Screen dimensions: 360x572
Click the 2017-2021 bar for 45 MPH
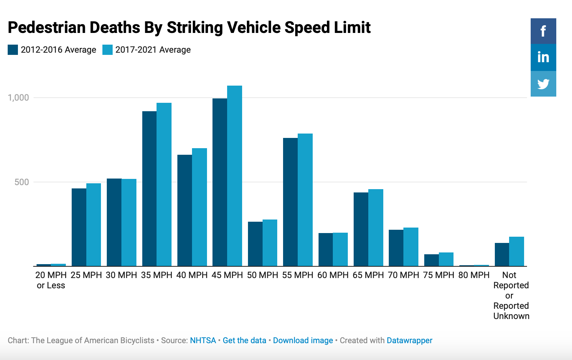click(x=234, y=176)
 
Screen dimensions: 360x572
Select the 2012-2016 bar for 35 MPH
click(x=149, y=188)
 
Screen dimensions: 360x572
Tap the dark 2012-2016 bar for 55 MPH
click(x=290, y=202)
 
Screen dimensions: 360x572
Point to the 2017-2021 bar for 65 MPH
click(x=376, y=227)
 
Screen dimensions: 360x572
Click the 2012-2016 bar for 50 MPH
click(x=255, y=244)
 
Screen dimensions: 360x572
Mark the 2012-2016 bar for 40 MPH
click(x=185, y=210)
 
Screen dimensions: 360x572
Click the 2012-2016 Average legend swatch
click(x=13, y=50)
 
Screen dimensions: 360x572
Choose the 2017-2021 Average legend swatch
click(x=108, y=50)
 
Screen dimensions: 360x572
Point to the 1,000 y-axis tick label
click(x=18, y=98)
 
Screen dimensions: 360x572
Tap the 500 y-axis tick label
click(x=22, y=182)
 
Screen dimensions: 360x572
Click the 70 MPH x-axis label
click(x=403, y=275)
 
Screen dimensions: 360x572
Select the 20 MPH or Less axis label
click(x=51, y=280)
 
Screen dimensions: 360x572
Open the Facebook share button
click(x=543, y=31)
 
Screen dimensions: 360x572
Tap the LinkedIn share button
click(x=543, y=57)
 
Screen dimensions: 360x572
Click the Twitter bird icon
click(x=543, y=84)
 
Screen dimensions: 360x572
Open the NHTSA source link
click(x=203, y=340)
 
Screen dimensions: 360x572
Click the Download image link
click(x=303, y=340)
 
